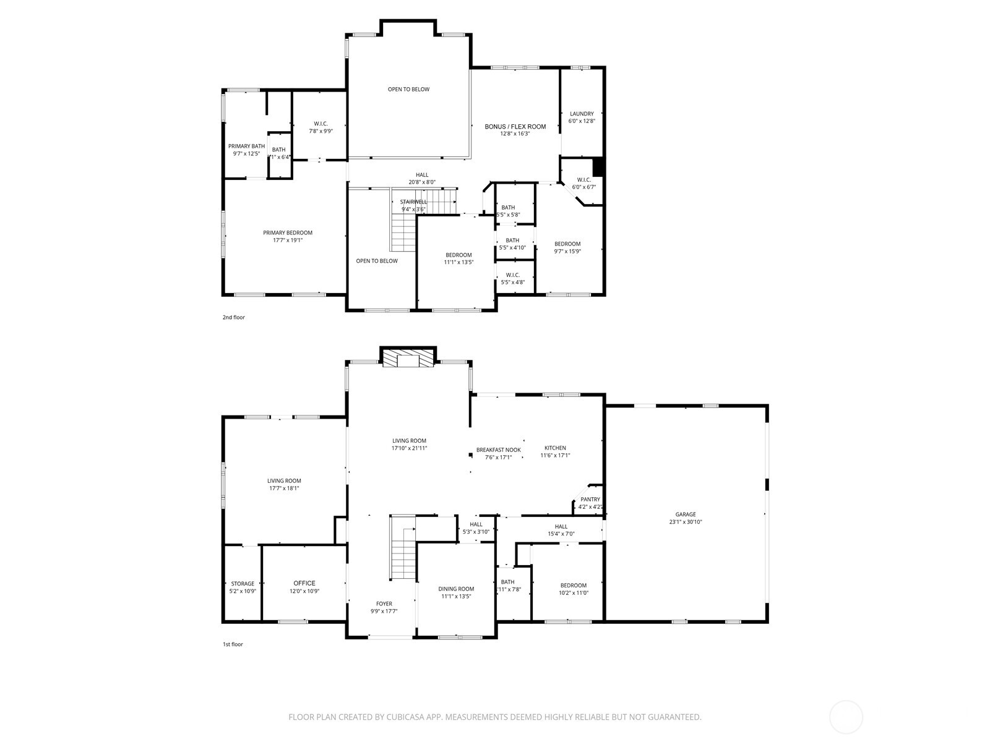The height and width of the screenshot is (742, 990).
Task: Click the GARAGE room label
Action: coord(685,514)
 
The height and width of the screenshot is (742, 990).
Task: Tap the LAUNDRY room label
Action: coord(581,114)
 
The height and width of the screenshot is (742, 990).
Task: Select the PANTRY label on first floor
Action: coord(590,500)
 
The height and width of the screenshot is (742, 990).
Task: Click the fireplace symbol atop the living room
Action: coord(408,359)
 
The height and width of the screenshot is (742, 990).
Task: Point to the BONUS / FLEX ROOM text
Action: coord(515,127)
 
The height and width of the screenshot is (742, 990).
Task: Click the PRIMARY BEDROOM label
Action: coord(287,233)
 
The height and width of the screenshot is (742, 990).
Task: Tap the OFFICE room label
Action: coord(304,583)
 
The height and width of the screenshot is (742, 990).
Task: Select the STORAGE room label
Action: coord(243,584)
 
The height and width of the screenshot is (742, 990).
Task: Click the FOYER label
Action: coord(384,604)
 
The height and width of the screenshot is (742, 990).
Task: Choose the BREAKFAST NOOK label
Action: coord(498,450)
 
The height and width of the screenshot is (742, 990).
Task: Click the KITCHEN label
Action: coord(555,448)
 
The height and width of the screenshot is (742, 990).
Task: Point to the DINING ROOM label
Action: coord(456,589)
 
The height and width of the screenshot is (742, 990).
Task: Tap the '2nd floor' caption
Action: coord(234,318)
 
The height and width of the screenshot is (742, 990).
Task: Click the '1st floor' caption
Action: coord(233,644)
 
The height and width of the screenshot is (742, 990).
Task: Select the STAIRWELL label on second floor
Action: coord(413,202)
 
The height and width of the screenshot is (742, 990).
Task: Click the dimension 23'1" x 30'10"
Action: coord(685,522)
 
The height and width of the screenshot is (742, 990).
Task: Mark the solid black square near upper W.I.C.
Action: coord(598,167)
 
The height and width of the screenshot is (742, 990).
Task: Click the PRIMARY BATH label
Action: coord(246,147)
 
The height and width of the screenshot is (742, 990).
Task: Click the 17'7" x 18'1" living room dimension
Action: coord(284,488)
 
